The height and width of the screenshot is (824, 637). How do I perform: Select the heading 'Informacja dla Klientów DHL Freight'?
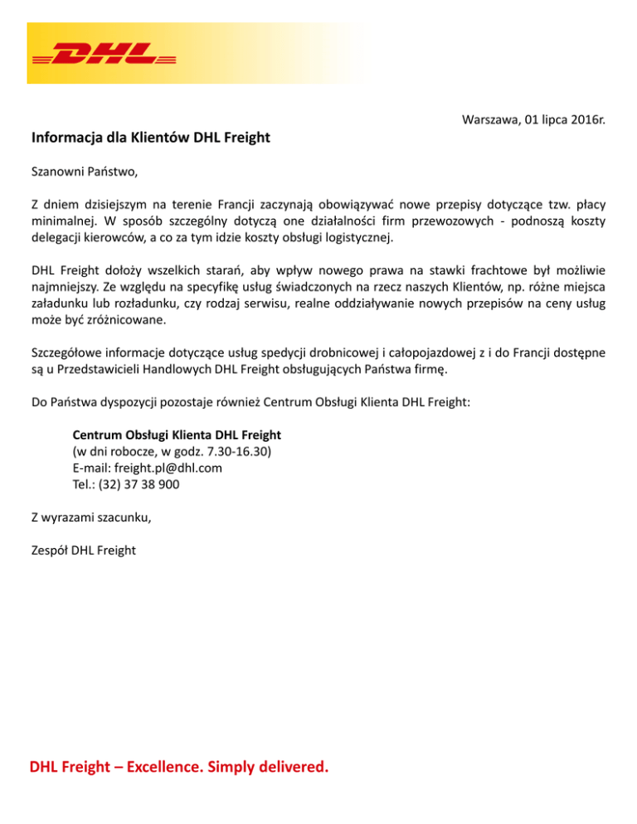coord(151,137)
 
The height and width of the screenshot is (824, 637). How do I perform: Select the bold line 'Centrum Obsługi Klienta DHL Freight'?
coord(177,434)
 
